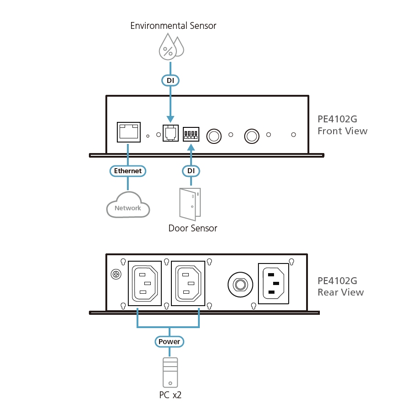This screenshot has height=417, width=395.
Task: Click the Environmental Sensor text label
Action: (173, 26)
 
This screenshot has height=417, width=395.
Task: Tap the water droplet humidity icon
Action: (170, 48)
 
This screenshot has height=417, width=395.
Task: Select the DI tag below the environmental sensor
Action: (170, 80)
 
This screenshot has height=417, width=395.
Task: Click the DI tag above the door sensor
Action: (191, 171)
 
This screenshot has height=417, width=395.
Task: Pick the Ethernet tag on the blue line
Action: (128, 171)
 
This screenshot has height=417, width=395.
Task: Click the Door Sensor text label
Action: (192, 228)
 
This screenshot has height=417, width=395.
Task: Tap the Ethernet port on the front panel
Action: (128, 132)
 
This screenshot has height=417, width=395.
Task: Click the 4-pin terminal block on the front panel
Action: (190, 134)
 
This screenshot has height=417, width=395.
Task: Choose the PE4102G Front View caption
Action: (342, 125)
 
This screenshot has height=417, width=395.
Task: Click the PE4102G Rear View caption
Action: (340, 286)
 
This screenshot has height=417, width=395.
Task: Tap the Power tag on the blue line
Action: (169, 341)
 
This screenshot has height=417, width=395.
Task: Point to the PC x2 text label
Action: (170, 395)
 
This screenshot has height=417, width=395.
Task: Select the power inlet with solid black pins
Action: (274, 283)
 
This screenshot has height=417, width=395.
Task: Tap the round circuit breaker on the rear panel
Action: (239, 285)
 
